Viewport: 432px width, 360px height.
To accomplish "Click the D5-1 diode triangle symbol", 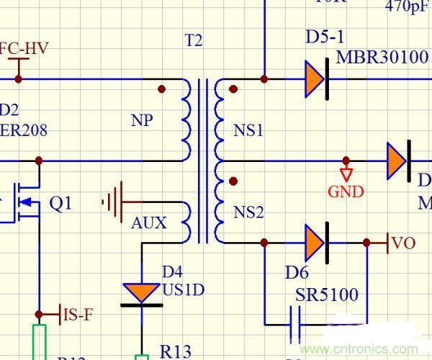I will [x=314, y=78].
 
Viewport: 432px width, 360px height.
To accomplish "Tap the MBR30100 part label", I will [x=382, y=57].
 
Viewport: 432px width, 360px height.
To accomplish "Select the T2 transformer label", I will [x=194, y=40].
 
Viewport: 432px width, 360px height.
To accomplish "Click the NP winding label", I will [x=143, y=120].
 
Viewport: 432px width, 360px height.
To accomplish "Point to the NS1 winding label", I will [x=248, y=130].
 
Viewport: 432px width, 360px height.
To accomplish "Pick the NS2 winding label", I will [x=248, y=212].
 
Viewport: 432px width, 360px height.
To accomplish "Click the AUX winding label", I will [x=149, y=223].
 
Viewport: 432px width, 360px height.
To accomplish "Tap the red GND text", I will [x=346, y=192].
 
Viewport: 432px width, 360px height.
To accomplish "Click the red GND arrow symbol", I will [x=347, y=174].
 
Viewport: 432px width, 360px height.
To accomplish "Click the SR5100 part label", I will [x=327, y=295].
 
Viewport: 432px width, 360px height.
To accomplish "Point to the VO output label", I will [x=403, y=243].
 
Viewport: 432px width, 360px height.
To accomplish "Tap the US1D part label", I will [x=183, y=290].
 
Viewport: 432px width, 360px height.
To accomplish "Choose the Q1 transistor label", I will [x=60, y=204].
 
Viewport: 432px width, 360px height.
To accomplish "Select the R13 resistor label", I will [x=175, y=351].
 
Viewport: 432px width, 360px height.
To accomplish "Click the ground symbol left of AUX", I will [x=112, y=202].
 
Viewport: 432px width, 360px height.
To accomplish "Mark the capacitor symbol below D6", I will [x=295, y=326].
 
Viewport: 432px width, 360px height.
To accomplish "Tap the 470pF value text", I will [x=408, y=6].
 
